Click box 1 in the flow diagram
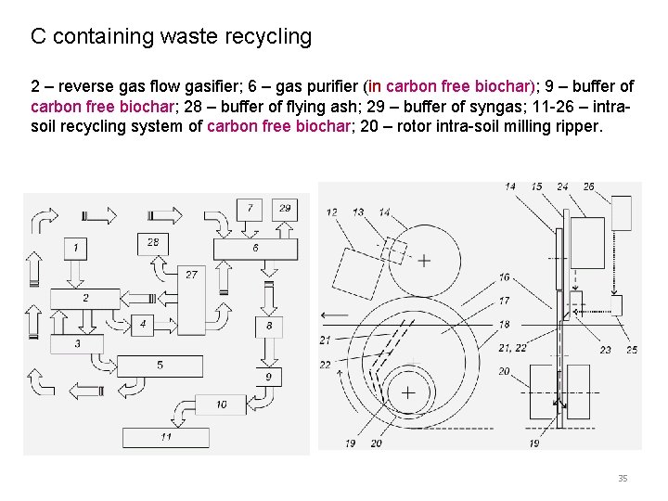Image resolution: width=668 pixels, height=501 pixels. coord(76,248)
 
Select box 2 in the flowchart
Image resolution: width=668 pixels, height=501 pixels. coord(85,299)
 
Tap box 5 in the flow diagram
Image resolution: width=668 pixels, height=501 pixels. coord(160,366)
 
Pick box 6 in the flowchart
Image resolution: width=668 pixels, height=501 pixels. coord(255,249)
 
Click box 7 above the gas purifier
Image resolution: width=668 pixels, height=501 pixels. coord(250,208)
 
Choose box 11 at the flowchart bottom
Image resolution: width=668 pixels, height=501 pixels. coord(165,436)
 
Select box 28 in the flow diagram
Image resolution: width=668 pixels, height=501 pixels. coord(153,242)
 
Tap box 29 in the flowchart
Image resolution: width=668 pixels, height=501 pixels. coord(284,208)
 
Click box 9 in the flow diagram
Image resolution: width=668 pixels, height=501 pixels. coord(268,378)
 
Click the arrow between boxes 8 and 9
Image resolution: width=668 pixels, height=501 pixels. coord(269,351)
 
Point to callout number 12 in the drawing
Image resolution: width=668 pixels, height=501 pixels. coord(332,212)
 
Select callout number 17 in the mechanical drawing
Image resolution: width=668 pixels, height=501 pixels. coord(504,301)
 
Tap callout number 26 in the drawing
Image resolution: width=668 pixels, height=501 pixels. coord(588,186)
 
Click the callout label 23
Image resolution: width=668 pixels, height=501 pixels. coord(605,350)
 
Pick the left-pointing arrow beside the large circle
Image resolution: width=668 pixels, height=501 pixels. coord(335,315)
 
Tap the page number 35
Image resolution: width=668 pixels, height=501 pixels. coord(623,478)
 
